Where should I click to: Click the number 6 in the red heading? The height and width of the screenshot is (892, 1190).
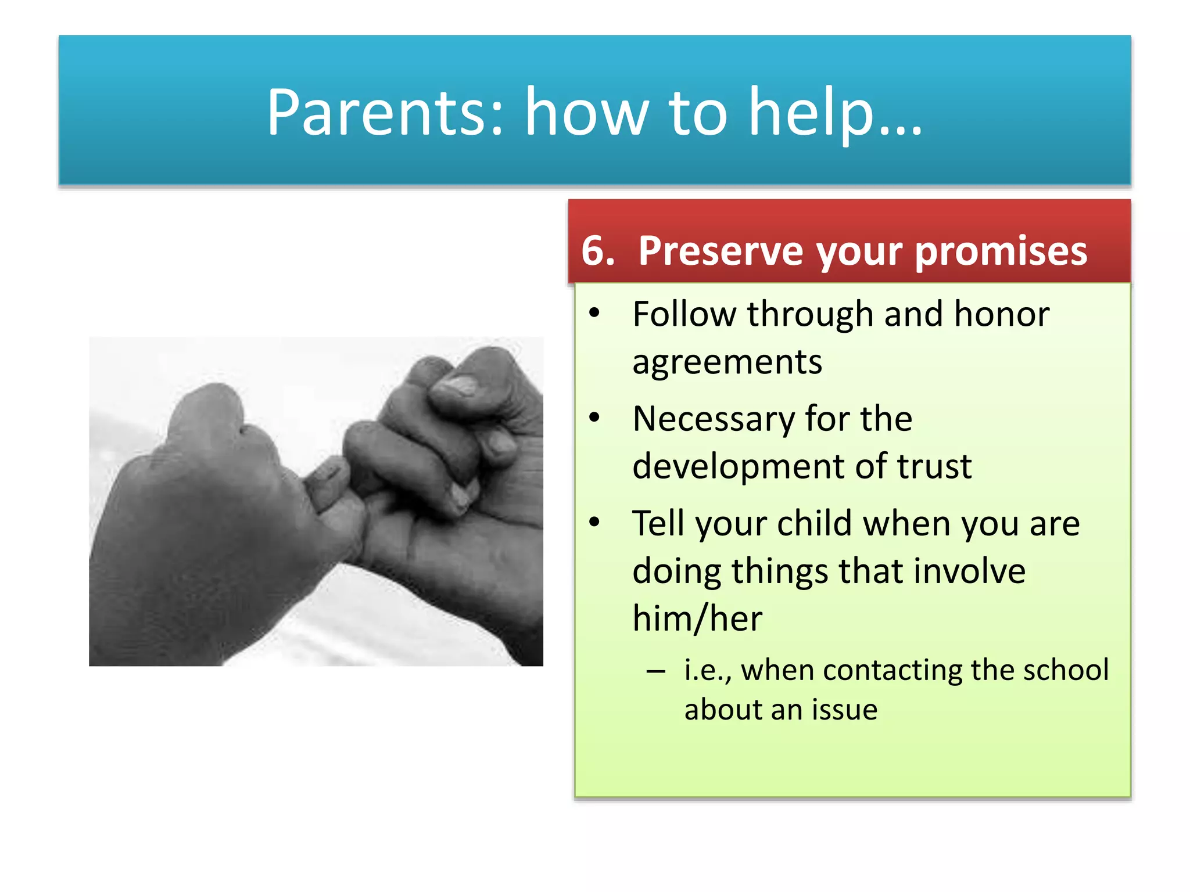click(x=593, y=251)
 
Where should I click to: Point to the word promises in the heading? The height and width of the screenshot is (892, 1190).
click(x=1001, y=251)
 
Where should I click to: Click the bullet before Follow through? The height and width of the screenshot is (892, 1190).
click(x=594, y=313)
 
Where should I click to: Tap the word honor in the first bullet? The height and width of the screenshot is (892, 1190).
click(x=1001, y=314)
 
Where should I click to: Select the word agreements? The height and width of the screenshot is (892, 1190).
click(x=727, y=362)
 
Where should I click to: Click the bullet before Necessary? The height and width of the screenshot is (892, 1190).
click(x=594, y=418)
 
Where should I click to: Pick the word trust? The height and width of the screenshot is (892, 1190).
click(x=934, y=466)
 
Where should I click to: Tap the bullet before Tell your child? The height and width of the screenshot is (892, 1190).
click(x=594, y=522)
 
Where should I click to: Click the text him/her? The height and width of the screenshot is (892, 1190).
click(x=697, y=618)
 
